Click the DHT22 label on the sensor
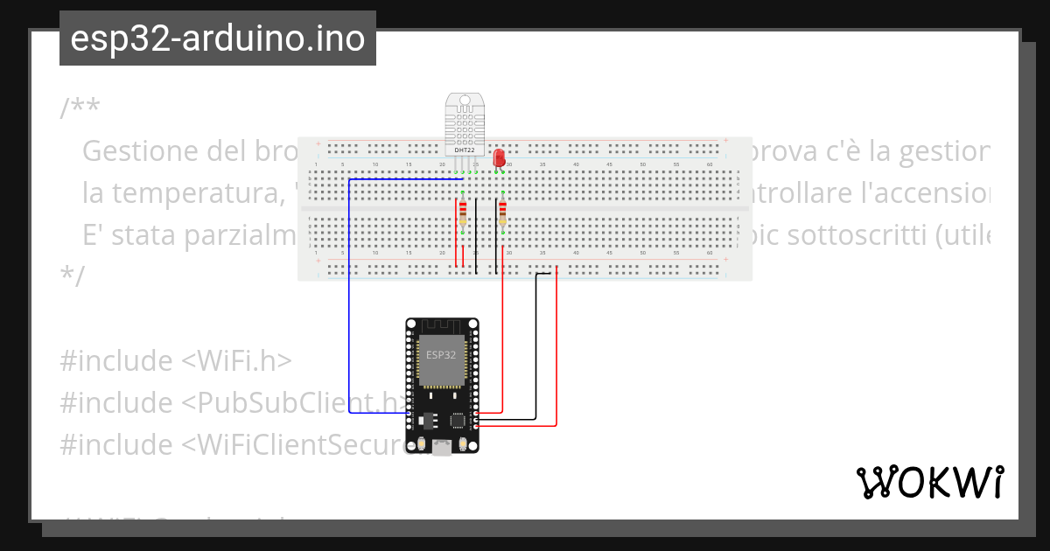(x=464, y=150)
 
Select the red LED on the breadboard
(x=499, y=158)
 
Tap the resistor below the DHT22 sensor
(x=463, y=215)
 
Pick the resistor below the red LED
(x=503, y=215)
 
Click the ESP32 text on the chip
(x=440, y=355)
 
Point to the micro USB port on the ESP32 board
(x=443, y=447)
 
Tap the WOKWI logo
(x=929, y=483)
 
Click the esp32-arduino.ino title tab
(x=217, y=39)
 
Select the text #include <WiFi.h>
(x=175, y=360)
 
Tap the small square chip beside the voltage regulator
(x=458, y=421)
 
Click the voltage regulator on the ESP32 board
(x=428, y=420)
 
